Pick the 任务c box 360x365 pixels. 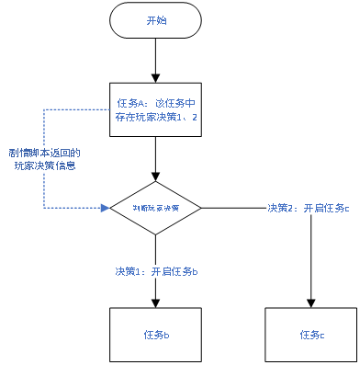pyautogui.click(x=311, y=332)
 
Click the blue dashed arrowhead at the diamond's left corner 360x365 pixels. pyautogui.click(x=105, y=208)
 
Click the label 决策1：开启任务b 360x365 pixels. pyautogui.click(x=157, y=271)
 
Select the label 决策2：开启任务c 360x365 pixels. pyautogui.click(x=309, y=208)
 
